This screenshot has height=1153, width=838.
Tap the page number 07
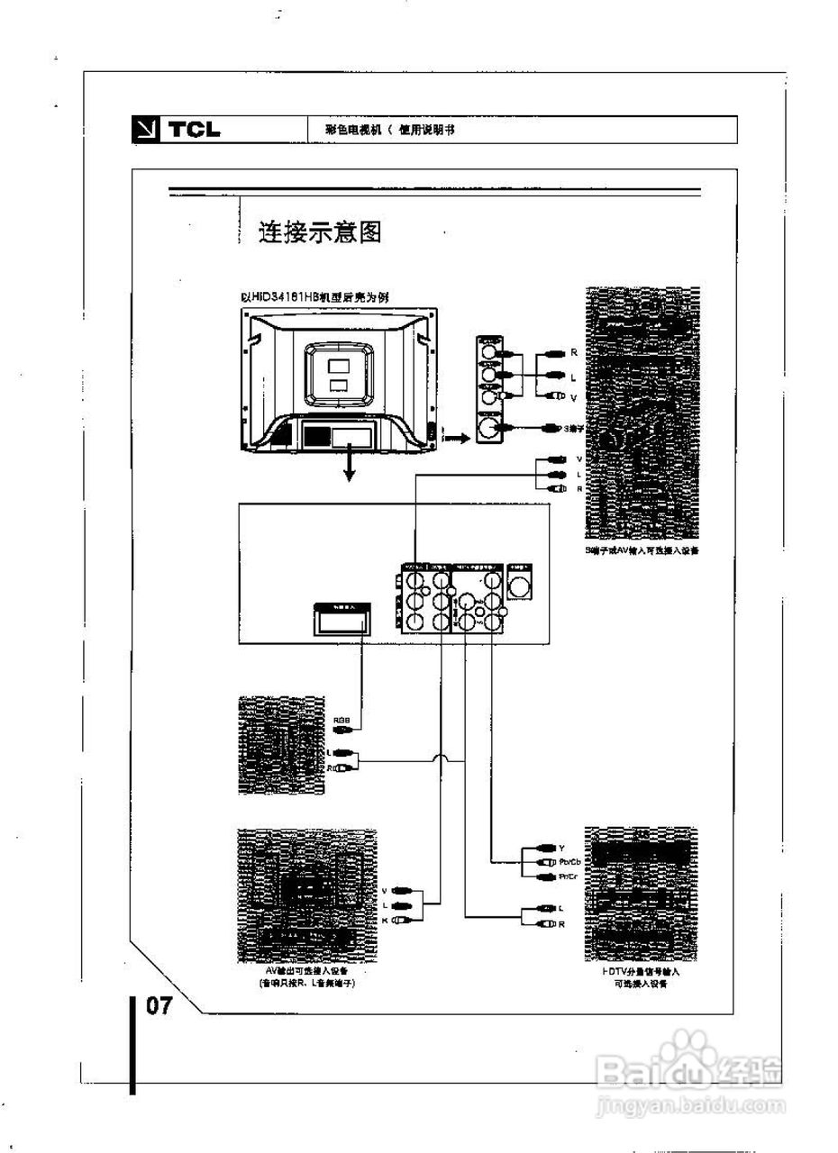tap(159, 1005)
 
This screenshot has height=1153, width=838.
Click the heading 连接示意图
tap(321, 232)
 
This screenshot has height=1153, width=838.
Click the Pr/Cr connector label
tap(569, 876)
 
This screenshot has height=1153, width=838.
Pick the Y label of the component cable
tap(561, 848)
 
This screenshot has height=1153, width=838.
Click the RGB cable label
tap(342, 720)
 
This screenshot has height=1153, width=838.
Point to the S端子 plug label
tap(574, 429)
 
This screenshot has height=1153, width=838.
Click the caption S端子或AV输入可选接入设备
tap(641, 549)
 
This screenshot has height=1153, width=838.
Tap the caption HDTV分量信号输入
tap(641, 972)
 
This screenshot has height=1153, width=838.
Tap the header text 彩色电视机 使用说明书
tap(390, 130)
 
